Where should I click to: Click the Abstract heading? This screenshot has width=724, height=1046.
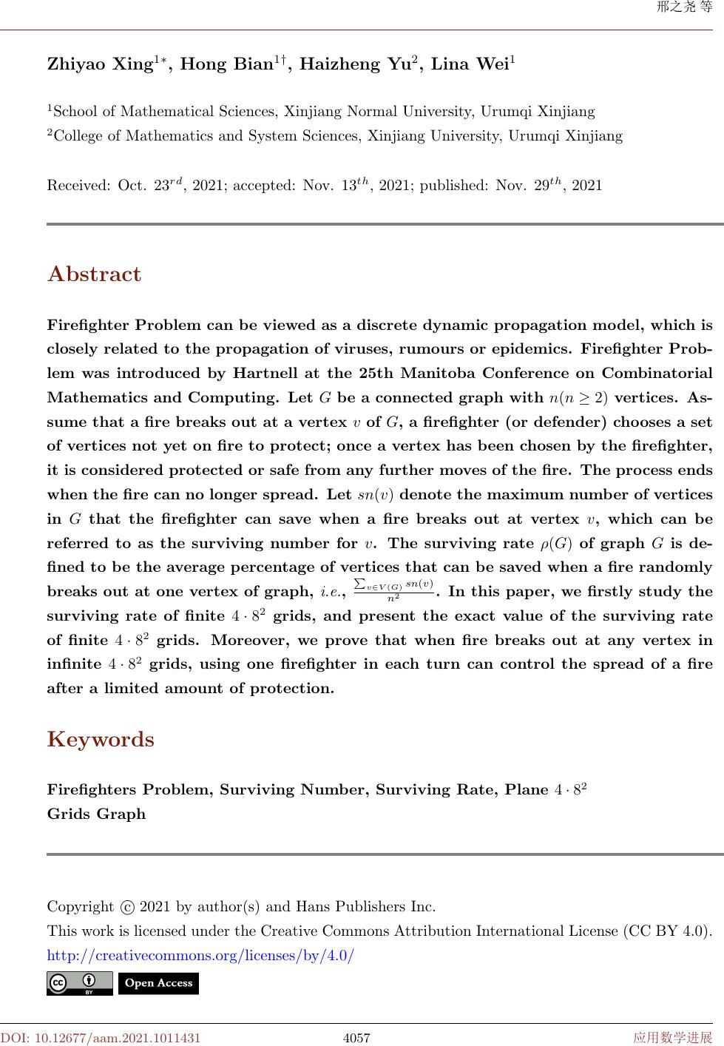tap(94, 274)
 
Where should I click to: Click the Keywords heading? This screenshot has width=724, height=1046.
tap(101, 740)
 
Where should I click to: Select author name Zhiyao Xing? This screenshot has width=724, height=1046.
tap(99, 64)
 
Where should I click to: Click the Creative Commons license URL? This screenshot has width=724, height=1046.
tap(200, 956)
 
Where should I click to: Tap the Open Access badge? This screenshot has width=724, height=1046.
tap(158, 983)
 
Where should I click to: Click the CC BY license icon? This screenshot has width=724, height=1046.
tap(79, 983)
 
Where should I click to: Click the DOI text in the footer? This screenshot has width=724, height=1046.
tap(101, 1038)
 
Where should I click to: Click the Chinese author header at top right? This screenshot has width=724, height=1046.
tap(684, 7)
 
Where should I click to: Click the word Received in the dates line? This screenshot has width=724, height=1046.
tap(78, 186)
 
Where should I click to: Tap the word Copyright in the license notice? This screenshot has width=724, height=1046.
tap(80, 907)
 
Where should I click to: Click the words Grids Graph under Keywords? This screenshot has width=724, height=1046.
tap(96, 814)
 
